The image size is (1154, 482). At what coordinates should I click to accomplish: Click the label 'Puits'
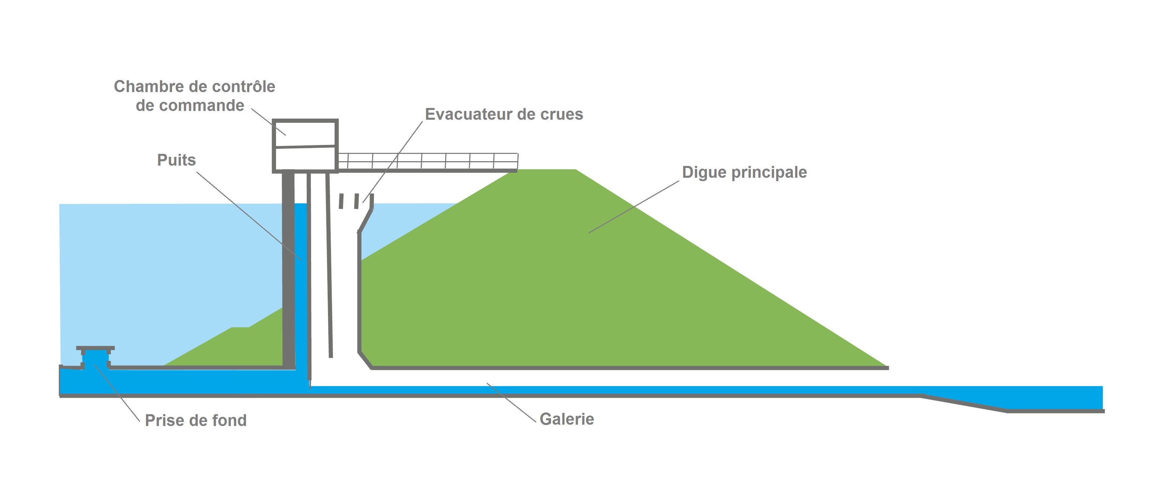[x=176, y=160]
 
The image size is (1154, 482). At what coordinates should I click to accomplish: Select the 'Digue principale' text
[x=744, y=172]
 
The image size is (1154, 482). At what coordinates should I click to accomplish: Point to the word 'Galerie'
[x=567, y=419]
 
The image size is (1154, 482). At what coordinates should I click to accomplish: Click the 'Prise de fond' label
[x=195, y=420]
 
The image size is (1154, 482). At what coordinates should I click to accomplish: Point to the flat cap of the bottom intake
[x=95, y=348]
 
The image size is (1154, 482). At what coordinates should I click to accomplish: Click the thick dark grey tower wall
[x=288, y=269]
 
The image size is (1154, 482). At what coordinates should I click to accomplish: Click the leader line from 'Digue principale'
[x=634, y=207]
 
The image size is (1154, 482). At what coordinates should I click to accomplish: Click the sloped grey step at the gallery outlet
[x=963, y=403]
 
